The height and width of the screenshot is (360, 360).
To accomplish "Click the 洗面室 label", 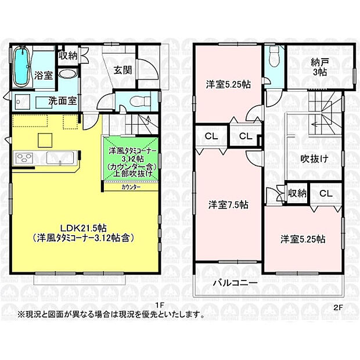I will [62, 100].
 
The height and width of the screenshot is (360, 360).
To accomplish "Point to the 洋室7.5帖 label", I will [229, 204].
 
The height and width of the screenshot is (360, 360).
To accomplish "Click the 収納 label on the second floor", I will [296, 193].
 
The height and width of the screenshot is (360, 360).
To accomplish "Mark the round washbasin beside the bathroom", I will [67, 74].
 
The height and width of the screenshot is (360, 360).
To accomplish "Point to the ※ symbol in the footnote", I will [20, 315].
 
